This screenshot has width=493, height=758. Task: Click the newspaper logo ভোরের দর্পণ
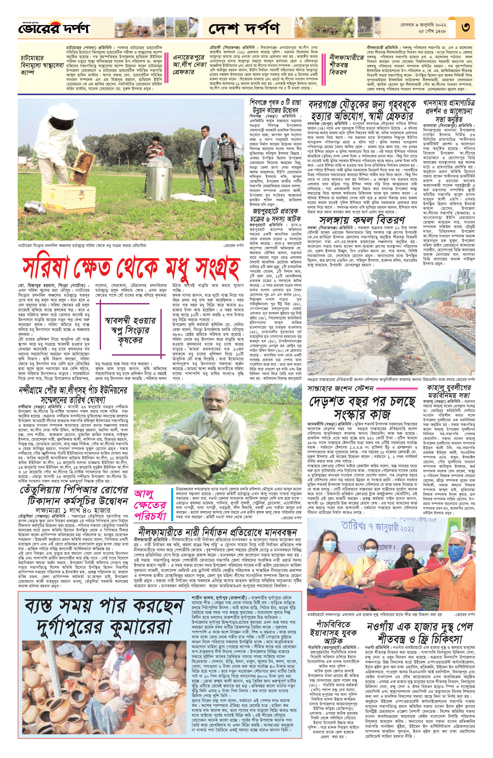(x=54, y=28)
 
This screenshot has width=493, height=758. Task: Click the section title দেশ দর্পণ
(x=244, y=29)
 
